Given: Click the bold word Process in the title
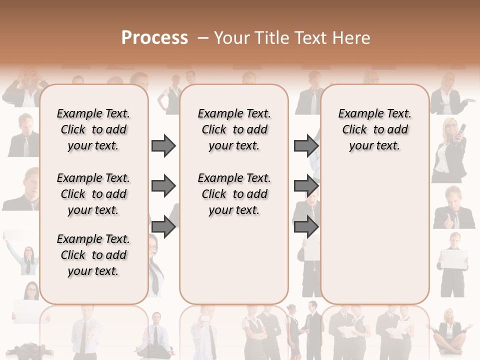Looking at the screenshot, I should tap(154, 38).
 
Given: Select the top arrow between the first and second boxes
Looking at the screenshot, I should tap(163, 146).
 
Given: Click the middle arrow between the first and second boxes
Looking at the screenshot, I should tap(163, 186).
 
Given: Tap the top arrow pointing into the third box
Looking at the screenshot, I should tap(306, 146).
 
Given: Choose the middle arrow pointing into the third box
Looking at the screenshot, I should tap(306, 186).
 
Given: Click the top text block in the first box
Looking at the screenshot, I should tap(93, 129).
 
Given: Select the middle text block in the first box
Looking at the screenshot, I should tap(93, 194).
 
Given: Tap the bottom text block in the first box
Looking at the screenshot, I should tap(93, 255).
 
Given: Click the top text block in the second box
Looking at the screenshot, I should tap(234, 129).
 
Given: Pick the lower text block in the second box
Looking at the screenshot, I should tap(234, 194).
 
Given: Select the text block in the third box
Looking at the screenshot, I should tap(374, 129).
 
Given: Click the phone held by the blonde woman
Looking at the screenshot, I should tap(462, 129).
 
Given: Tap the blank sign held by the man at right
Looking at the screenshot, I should tap(454, 259).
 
